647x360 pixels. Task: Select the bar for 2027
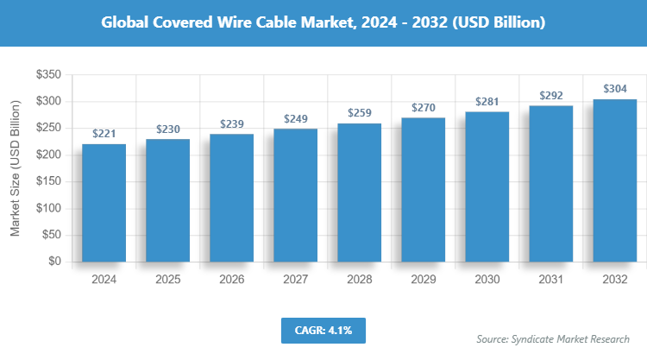[x=295, y=195]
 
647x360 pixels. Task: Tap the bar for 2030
[x=487, y=186]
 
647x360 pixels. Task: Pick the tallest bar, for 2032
[x=614, y=180]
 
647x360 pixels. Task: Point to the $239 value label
[x=231, y=124]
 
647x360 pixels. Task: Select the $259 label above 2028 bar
[x=359, y=113]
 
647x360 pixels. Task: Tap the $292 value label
[x=550, y=96]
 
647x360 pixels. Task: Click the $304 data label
[x=614, y=89]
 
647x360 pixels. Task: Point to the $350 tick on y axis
[x=47, y=75]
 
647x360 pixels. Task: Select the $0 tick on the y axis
[x=53, y=262]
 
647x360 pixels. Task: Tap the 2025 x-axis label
[x=167, y=280]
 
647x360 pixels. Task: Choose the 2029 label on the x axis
[x=423, y=280]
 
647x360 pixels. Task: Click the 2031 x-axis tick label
[x=550, y=280]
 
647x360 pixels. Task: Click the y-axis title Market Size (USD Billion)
[x=15, y=168]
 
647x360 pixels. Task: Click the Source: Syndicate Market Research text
[x=553, y=338]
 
